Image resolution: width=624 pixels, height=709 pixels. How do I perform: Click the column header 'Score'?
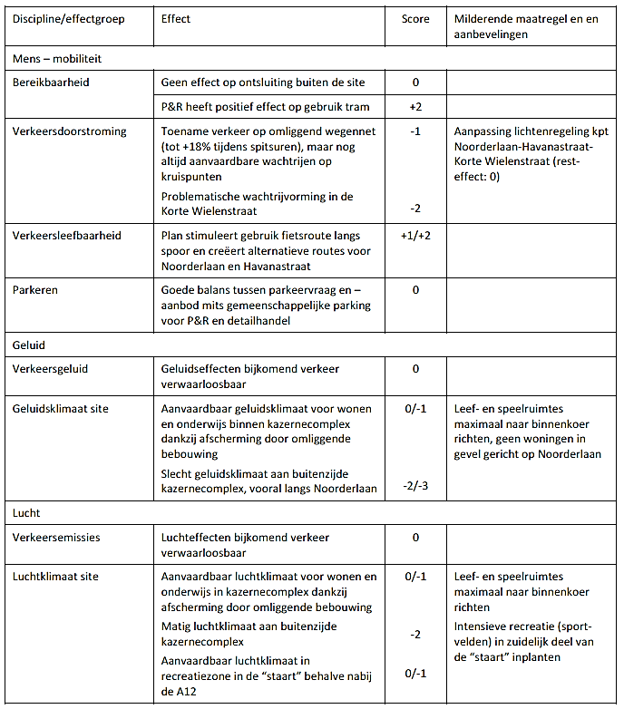415,19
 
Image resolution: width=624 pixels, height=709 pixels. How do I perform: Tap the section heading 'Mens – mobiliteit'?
57,58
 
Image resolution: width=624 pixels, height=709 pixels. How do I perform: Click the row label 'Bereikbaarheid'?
51,83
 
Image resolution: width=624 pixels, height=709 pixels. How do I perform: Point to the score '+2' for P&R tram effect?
415,106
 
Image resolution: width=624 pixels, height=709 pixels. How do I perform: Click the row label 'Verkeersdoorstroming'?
70,131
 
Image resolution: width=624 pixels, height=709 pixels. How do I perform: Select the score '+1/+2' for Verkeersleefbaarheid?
415,235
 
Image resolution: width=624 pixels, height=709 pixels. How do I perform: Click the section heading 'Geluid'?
29,345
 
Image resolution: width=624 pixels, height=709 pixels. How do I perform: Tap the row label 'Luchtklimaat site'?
56,576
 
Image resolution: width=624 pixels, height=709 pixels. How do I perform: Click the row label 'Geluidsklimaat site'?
61,408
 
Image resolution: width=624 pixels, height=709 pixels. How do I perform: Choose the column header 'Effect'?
176,19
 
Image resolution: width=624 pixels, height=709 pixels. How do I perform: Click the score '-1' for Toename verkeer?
415,131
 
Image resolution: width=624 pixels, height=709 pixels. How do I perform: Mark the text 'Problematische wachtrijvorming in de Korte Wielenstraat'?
257,203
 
